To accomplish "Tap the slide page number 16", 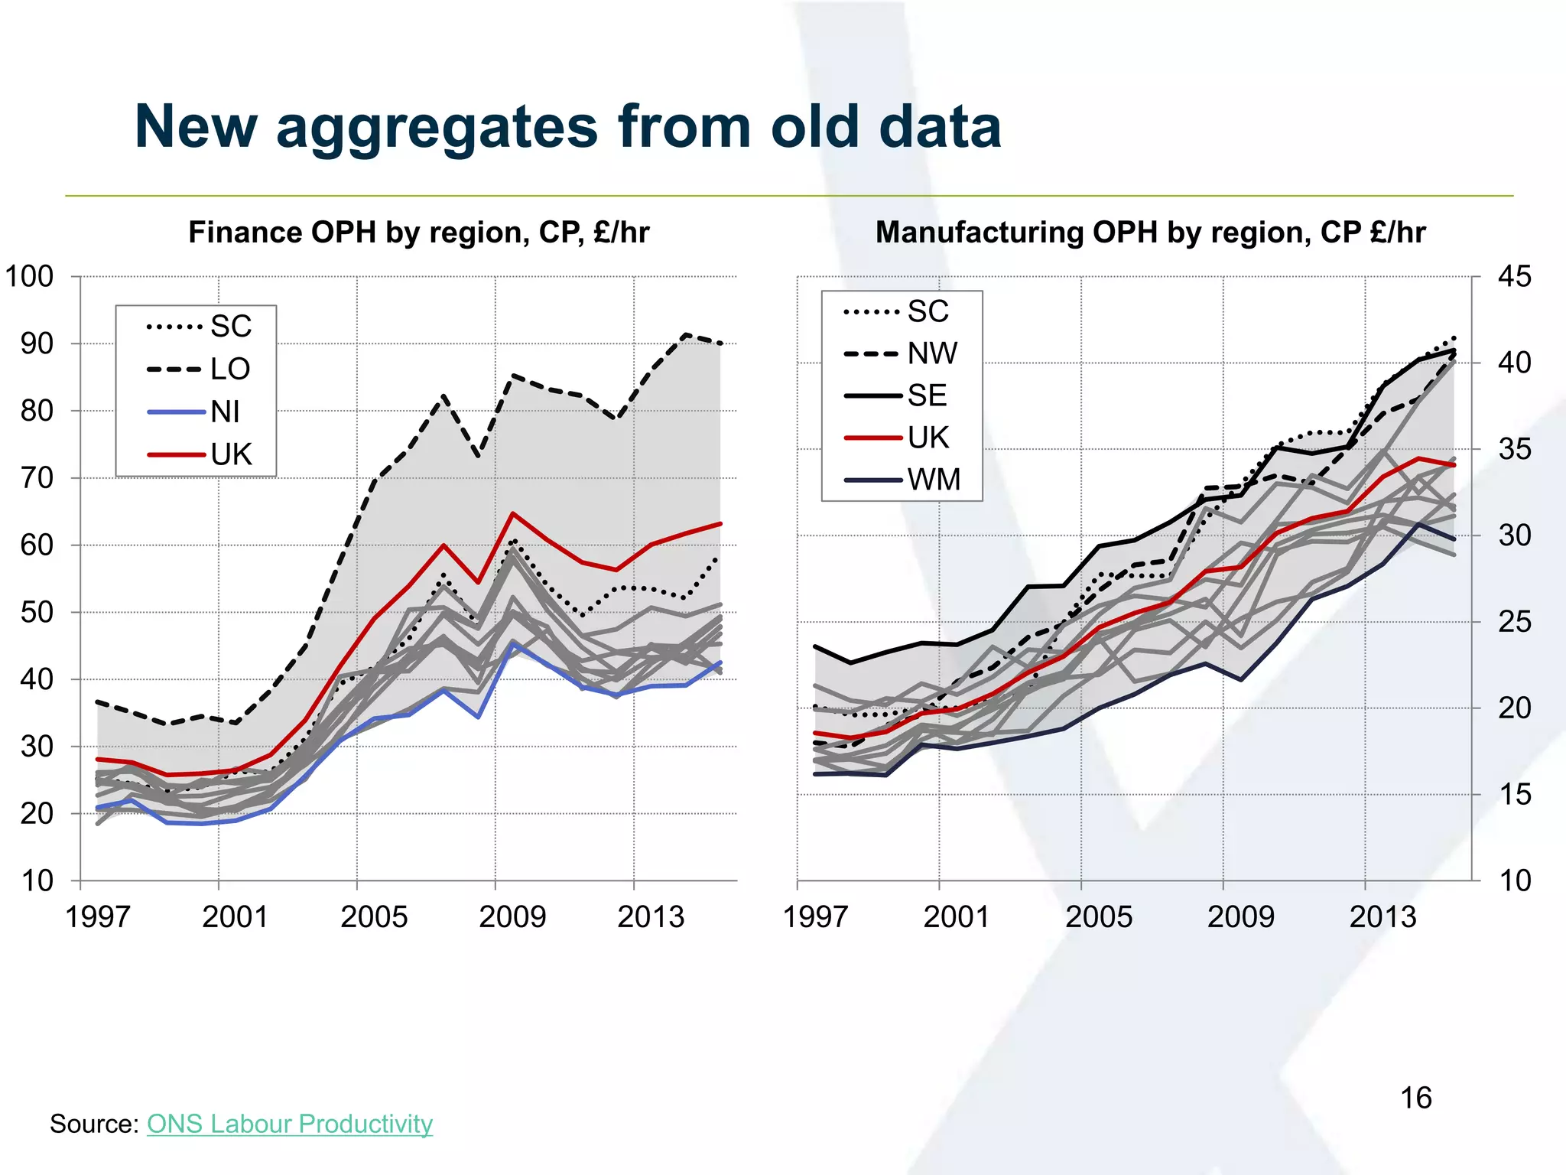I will [x=1415, y=1098].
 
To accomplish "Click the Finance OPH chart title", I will [x=418, y=233].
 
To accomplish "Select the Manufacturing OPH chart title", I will [x=1150, y=233].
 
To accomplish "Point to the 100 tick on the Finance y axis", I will [x=30, y=276].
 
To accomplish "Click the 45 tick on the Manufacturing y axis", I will [x=1514, y=276].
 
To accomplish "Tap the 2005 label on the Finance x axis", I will [x=373, y=916].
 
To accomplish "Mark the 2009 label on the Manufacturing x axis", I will [x=1240, y=916].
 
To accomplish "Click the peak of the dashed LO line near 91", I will [x=686, y=334].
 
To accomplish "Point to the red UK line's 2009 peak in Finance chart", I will [x=512, y=513].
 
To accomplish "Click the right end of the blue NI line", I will [x=720, y=662].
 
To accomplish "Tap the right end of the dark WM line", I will [x=1454, y=539].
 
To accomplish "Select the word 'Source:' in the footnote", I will [x=93, y=1123].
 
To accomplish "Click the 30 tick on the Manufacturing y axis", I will [x=1514, y=535].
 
